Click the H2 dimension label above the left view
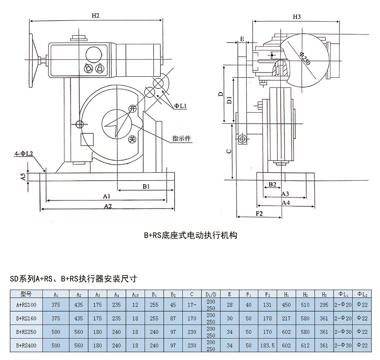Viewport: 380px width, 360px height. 95,16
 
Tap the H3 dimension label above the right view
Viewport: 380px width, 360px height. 297,16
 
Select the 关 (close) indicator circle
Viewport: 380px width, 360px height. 132,139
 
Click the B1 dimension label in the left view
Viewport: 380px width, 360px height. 146,186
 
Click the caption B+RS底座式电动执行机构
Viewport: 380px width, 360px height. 190,235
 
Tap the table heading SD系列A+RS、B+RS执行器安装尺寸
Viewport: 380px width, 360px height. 73,279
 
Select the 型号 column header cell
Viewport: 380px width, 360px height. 26,294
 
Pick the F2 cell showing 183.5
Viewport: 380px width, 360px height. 267,345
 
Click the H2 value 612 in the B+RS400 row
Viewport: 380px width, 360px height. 306,345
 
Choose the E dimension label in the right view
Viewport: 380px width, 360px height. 242,39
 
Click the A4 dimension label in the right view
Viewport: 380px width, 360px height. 286,203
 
